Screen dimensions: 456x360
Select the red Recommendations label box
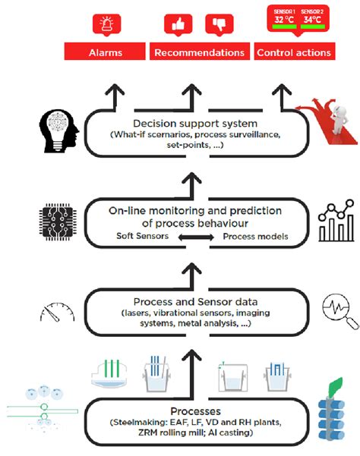tap(200, 52)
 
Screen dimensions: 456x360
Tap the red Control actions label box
tap(293, 52)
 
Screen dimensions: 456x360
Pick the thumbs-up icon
tap(179, 24)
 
